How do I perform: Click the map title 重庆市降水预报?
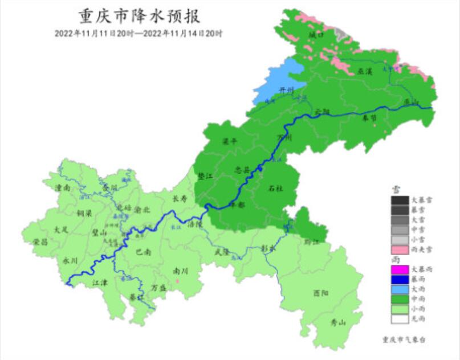pyautogui.click(x=138, y=15)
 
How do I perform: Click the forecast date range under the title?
pyautogui.click(x=139, y=33)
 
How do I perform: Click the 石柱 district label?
pyautogui.click(x=276, y=189)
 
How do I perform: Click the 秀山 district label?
pyautogui.click(x=338, y=323)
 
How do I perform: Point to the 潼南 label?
pyautogui.click(x=63, y=187)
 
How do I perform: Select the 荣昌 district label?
pyautogui.click(x=40, y=242)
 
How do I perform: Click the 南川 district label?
pyautogui.click(x=180, y=272)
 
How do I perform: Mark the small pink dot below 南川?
pyautogui.click(x=178, y=281)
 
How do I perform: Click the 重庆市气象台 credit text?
pyautogui.click(x=404, y=339)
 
